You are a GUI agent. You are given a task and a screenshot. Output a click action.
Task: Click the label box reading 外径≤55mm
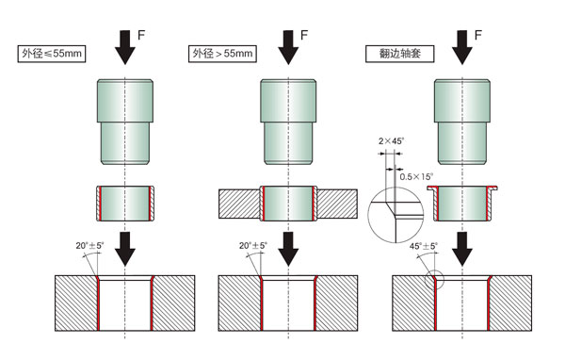point(52,54)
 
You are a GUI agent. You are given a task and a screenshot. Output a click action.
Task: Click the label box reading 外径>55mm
point(222,54)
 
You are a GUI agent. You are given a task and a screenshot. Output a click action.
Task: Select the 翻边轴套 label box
point(399,54)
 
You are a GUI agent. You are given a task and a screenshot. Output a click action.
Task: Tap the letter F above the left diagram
point(141,35)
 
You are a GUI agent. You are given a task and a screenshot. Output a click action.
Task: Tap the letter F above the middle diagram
point(304,35)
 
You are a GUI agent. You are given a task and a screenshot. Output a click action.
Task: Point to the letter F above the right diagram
point(478,35)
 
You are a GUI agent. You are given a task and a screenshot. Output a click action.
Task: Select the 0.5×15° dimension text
point(416,177)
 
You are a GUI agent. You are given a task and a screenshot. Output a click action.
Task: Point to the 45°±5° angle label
point(424,246)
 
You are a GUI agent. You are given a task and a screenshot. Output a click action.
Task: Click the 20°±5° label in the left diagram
point(89,246)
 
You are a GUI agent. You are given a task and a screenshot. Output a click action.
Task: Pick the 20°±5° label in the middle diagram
point(253,246)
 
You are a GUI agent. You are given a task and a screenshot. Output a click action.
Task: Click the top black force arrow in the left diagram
point(125,48)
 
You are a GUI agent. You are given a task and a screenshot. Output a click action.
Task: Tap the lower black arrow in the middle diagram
point(288,249)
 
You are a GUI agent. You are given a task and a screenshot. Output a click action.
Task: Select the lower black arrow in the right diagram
point(462,249)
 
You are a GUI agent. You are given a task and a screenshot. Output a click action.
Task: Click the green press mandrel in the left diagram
point(125,122)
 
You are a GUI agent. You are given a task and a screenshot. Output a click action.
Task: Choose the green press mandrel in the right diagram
point(462,122)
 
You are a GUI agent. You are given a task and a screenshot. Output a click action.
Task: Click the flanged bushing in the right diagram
point(462,204)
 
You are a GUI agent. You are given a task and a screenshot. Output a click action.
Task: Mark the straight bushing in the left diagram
point(125,204)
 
